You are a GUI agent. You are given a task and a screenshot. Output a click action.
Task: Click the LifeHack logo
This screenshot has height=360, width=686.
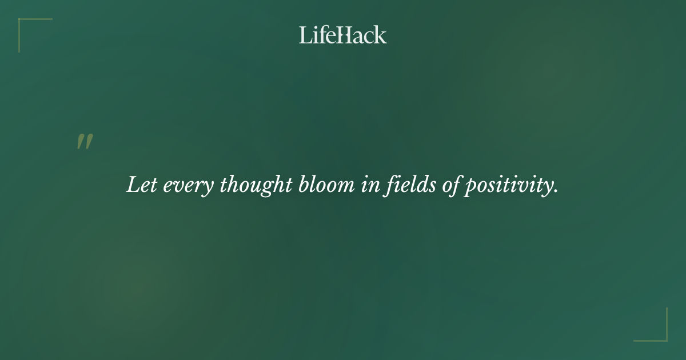pyautogui.click(x=343, y=35)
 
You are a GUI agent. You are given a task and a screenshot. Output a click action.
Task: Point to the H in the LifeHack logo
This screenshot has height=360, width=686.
pyautogui.click(x=344, y=35)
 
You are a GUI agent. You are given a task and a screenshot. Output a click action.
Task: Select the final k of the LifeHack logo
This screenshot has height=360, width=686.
pyautogui.click(x=381, y=35)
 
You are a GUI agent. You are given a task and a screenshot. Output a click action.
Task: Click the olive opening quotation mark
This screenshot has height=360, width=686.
pyautogui.click(x=85, y=142)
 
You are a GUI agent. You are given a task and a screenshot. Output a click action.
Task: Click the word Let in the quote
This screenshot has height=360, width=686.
pyautogui.click(x=141, y=185)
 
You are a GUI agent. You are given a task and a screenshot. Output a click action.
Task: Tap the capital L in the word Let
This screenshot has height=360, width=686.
pyautogui.click(x=133, y=185)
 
